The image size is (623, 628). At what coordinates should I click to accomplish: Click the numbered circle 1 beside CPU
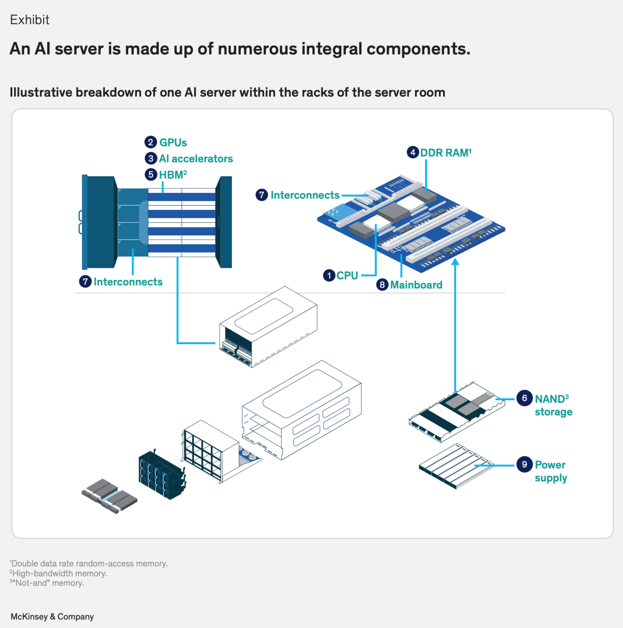point(329,275)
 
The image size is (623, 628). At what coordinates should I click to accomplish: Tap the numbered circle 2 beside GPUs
point(151,142)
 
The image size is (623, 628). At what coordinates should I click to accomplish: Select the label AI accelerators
point(196,159)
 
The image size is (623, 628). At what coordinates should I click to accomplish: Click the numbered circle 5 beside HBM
point(151,175)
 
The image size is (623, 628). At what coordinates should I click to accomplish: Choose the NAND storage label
point(553,405)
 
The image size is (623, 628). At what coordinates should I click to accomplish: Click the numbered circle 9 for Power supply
point(524,464)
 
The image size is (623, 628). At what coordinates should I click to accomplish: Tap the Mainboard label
point(416,285)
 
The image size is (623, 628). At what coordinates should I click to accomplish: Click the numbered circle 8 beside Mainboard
point(382,285)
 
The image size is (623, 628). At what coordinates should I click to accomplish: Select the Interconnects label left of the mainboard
point(305,195)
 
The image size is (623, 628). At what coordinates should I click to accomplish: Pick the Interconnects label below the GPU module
point(128,282)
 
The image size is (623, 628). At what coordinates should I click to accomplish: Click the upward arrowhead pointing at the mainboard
point(455,262)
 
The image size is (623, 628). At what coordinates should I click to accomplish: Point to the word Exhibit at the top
point(30,20)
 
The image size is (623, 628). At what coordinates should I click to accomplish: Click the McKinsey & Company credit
point(52,616)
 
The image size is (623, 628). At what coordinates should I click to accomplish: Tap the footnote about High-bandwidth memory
point(59,573)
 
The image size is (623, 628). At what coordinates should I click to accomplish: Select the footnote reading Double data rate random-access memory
point(89,563)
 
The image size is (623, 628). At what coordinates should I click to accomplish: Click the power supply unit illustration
point(456,466)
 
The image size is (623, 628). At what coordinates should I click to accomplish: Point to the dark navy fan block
point(162,475)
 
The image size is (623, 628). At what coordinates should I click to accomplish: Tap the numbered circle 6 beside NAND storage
point(524,398)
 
